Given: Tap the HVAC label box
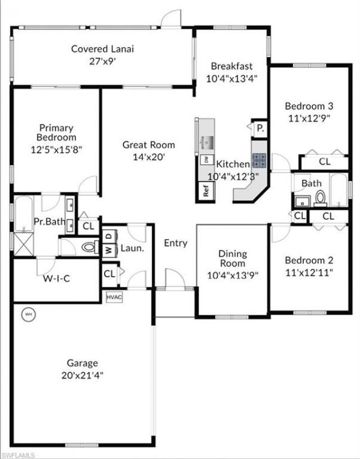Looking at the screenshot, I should click(x=114, y=296).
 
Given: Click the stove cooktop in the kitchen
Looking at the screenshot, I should click(x=259, y=161).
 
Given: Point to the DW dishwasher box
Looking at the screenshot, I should click(x=206, y=159).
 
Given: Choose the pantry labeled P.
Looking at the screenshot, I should click(x=260, y=128).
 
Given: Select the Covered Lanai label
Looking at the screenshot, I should click(x=102, y=49).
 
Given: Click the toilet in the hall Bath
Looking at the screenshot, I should click(x=320, y=198).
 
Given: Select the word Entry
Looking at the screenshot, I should click(x=175, y=243).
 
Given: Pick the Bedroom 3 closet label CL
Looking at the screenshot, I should click(x=325, y=162).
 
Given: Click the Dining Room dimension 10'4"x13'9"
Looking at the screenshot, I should click(x=232, y=276).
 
